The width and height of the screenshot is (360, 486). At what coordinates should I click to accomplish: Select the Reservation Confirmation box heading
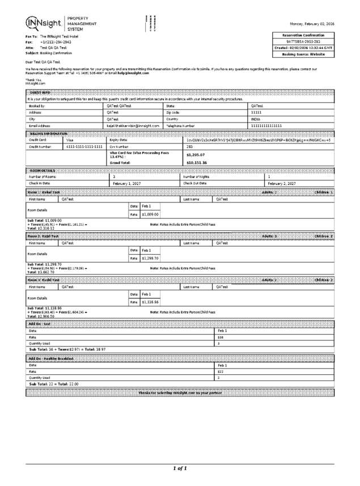point(304,35)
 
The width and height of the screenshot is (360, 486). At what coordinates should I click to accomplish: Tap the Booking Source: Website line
point(304,54)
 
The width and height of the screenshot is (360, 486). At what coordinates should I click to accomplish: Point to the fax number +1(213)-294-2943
point(55,42)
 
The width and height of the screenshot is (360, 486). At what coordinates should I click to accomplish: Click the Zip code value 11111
point(256,112)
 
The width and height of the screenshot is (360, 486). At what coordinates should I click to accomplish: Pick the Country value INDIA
point(256,119)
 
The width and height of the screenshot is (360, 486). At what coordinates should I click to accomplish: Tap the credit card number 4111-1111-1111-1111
point(84,146)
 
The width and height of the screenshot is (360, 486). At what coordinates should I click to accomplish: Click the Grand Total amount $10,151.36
point(197,162)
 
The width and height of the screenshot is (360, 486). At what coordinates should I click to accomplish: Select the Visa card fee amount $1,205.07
point(196,154)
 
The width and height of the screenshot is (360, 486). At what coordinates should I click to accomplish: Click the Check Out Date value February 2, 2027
point(281,184)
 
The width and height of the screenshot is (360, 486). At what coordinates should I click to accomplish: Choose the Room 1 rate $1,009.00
point(150,214)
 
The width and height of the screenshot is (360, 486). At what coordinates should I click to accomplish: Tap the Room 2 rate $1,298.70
point(150,258)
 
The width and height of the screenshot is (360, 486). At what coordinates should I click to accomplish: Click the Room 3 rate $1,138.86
point(150,302)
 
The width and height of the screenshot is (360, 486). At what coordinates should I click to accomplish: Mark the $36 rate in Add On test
point(221,337)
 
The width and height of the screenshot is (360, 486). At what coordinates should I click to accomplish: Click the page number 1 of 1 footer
point(180,468)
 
